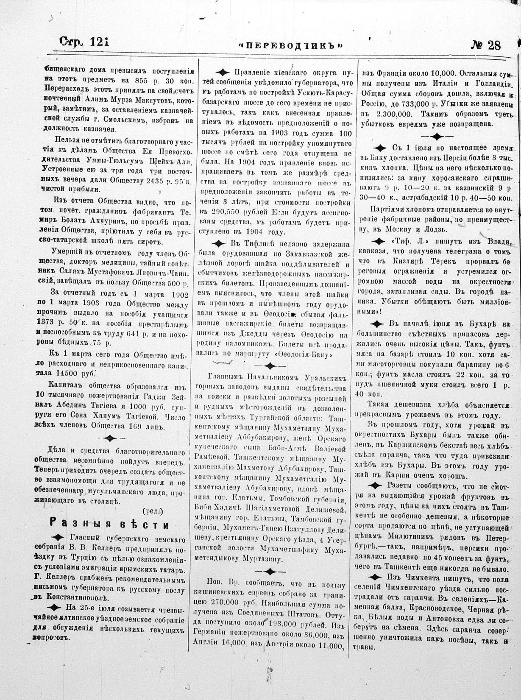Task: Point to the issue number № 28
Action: tap(485, 45)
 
